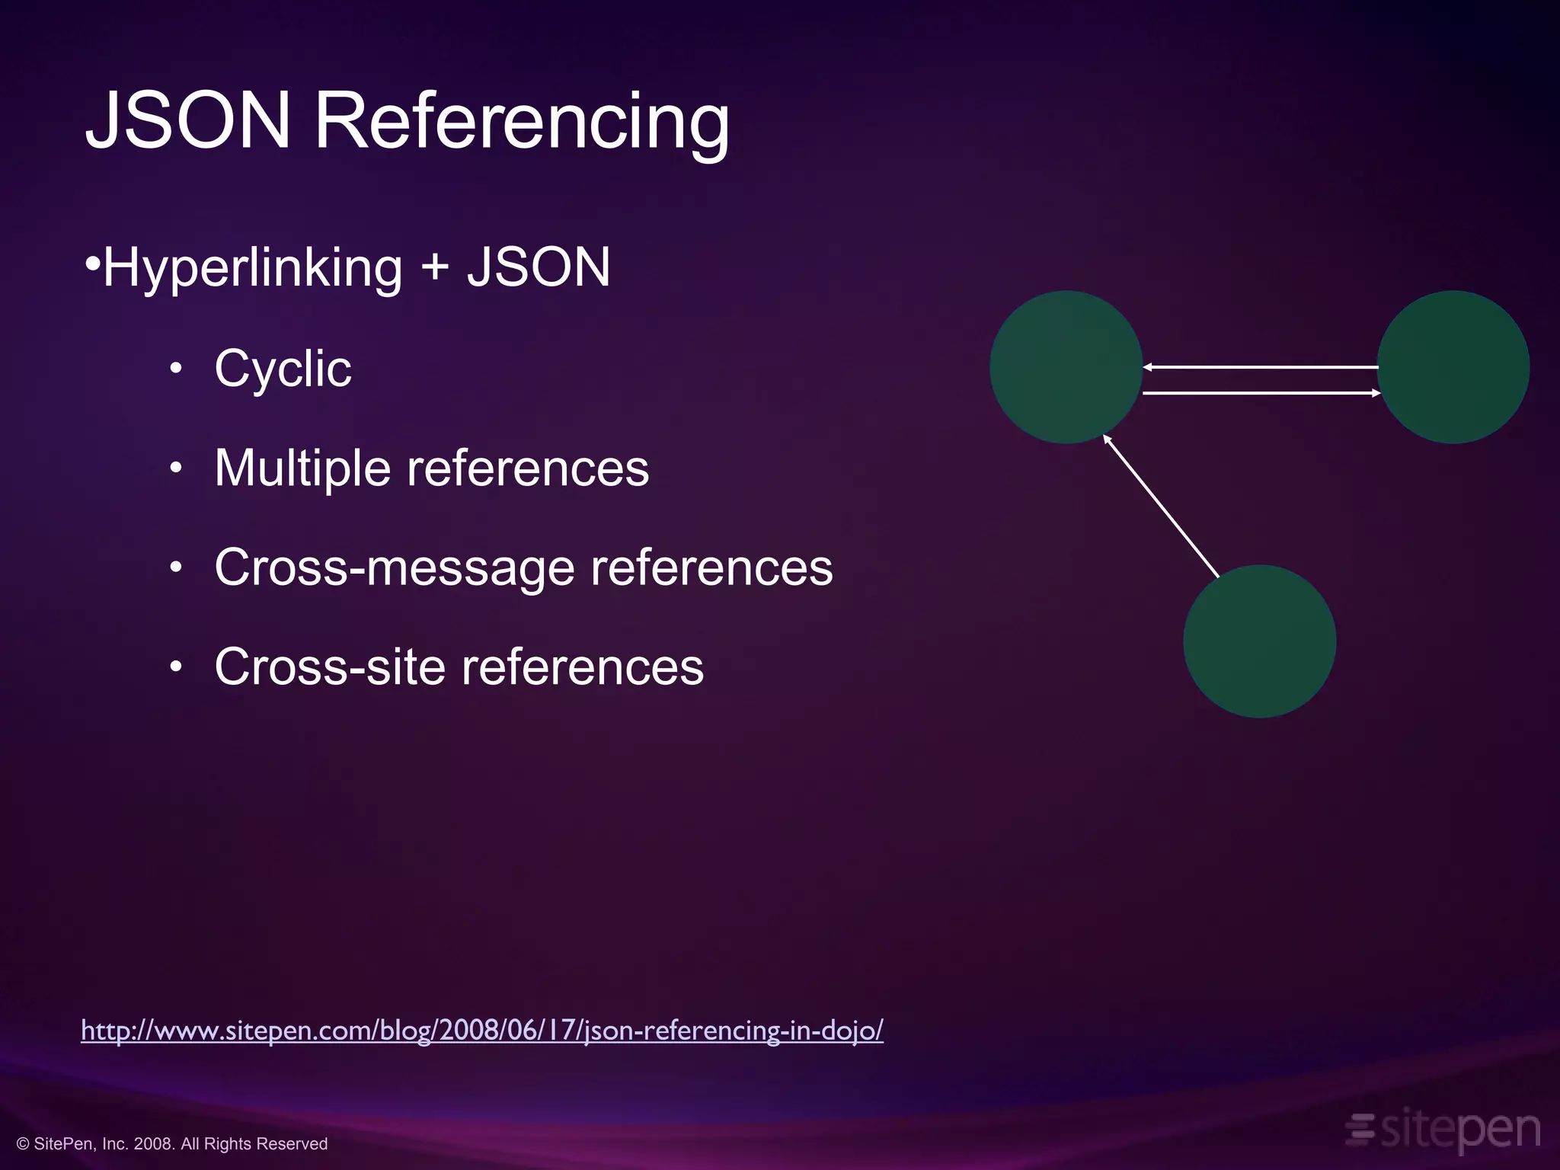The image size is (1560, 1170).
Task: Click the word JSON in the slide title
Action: click(x=188, y=120)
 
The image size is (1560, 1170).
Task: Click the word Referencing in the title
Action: click(x=522, y=122)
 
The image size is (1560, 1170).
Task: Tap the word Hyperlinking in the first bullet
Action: click(x=252, y=268)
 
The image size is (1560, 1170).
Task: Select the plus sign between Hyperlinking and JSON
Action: click(x=435, y=268)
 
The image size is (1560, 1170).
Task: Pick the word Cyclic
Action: click(x=283, y=369)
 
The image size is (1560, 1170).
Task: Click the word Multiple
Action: click(x=302, y=468)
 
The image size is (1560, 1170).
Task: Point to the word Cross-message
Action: click(x=395, y=567)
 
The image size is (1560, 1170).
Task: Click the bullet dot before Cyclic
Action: click(x=177, y=369)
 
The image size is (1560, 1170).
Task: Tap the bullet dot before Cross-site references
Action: click(x=177, y=667)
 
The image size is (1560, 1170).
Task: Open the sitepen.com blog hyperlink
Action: click(x=482, y=1031)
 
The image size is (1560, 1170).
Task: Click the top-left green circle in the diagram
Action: click(x=1066, y=366)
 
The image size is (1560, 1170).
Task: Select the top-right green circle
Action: click(x=1453, y=366)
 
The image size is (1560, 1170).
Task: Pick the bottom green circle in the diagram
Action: click(x=1259, y=641)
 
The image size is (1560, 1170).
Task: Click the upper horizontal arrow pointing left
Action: click(x=1260, y=367)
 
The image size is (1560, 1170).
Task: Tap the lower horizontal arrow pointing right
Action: click(x=1261, y=393)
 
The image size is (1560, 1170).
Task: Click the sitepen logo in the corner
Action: click(x=1443, y=1130)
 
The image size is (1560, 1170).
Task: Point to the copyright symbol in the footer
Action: click(x=23, y=1144)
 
